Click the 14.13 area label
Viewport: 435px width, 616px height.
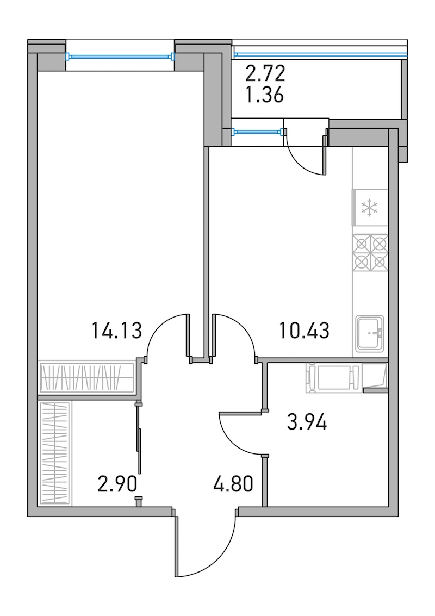click(x=116, y=330)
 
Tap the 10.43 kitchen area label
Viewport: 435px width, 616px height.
click(x=304, y=330)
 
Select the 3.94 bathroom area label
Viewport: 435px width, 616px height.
click(x=307, y=422)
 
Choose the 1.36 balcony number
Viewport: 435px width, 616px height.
click(x=264, y=95)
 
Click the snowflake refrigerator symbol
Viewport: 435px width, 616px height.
click(x=370, y=208)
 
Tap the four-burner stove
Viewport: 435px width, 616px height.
click(x=370, y=253)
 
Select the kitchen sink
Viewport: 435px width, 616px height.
click(x=370, y=333)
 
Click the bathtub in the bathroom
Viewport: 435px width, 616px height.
click(x=333, y=378)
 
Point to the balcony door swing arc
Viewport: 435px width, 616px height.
click(x=301, y=161)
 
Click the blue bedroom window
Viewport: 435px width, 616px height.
click(x=120, y=57)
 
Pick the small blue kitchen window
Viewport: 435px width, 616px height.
click(x=258, y=132)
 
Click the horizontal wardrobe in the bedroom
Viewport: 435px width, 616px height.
click(x=87, y=377)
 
